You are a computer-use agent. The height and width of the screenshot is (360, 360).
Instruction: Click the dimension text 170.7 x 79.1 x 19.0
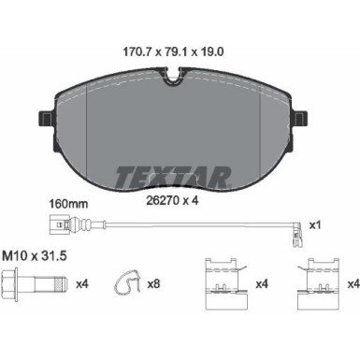click(x=174, y=52)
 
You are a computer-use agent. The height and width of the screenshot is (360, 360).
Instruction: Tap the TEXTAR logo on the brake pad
click(x=173, y=178)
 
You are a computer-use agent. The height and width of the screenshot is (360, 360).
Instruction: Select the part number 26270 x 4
click(x=172, y=200)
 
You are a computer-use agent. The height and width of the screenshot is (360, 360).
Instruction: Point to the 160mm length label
click(x=68, y=204)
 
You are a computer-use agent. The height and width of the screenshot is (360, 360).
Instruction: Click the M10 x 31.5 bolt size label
click(x=35, y=256)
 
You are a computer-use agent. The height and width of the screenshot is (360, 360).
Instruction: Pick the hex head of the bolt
click(x=9, y=283)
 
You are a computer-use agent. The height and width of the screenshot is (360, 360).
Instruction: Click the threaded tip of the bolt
click(x=61, y=283)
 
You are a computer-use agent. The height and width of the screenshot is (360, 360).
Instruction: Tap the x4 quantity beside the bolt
click(x=82, y=284)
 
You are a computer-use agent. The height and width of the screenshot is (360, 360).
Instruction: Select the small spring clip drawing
click(x=127, y=282)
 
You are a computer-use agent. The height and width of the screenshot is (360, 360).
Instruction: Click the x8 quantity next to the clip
click(x=153, y=284)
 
